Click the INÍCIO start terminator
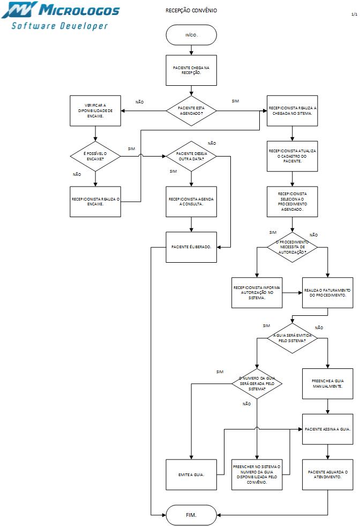coord(191,35)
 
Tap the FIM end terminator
coord(191,514)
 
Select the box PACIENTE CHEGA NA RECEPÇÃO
coord(191,70)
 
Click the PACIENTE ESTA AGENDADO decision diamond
coord(191,110)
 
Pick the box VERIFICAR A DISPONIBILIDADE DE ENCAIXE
coord(95,110)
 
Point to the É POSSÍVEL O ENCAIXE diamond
coord(95,156)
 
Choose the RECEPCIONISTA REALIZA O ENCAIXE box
coord(95,201)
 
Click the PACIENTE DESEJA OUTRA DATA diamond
coord(191,156)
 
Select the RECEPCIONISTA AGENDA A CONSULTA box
coord(191,201)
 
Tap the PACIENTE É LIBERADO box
coord(191,247)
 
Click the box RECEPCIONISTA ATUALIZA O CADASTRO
coord(292,156)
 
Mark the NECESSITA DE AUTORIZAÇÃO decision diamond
coord(292,247)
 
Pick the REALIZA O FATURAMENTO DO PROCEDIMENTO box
coord(328,292)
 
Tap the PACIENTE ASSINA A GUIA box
coord(328,429)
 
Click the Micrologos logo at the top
coord(61,16)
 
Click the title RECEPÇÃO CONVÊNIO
coord(191,11)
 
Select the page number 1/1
coord(354,14)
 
